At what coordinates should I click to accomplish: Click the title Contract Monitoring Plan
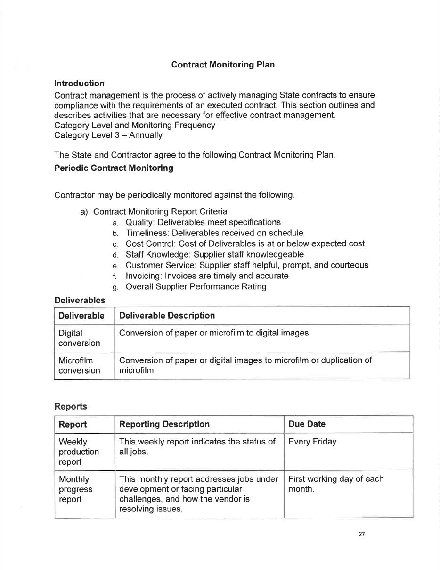[x=223, y=65]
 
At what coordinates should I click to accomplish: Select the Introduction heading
[x=79, y=84]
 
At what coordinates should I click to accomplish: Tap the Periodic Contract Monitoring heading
[x=114, y=168]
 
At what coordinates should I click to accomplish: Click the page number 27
[x=361, y=534]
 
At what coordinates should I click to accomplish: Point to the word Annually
[x=146, y=135]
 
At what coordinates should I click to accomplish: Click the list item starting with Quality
[x=203, y=222]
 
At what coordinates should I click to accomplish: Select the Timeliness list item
[x=214, y=233]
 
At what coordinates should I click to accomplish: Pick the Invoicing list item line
[x=207, y=276]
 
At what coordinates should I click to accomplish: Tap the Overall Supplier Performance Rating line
[x=196, y=287]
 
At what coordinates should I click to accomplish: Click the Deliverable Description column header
[x=167, y=316]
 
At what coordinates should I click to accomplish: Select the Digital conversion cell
[x=79, y=338]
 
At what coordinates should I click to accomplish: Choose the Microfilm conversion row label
[x=79, y=366]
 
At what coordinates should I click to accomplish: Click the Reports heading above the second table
[x=71, y=406]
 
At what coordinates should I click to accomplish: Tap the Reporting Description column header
[x=164, y=424]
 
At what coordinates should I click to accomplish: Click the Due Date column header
[x=307, y=424]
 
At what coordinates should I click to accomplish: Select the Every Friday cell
[x=312, y=442]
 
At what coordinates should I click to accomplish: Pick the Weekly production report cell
[x=79, y=452]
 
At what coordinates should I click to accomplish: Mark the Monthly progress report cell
[x=75, y=489]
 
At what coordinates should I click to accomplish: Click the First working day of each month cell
[x=336, y=484]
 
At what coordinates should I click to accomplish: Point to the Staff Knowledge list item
[x=214, y=255]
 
